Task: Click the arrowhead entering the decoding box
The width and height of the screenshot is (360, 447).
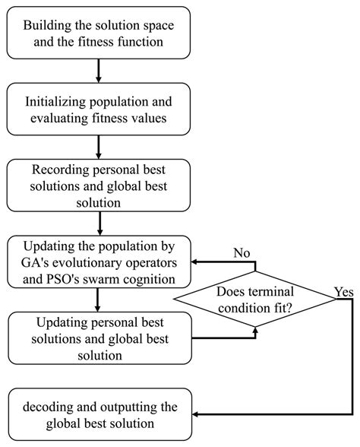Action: pyautogui.click(x=197, y=414)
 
